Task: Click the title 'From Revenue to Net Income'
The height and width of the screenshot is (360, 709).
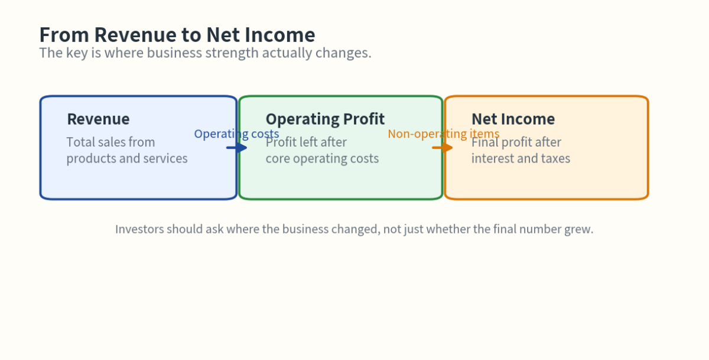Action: tap(177, 35)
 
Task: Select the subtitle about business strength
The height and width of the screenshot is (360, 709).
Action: tap(205, 53)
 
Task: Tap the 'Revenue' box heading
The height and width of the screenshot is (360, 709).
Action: tap(98, 119)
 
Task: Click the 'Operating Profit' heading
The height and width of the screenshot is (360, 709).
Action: tap(325, 119)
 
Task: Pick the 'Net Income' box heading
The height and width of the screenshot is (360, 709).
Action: tap(513, 119)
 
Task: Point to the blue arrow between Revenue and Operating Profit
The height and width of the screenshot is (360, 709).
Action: tap(237, 147)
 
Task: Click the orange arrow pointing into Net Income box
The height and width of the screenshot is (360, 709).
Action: tap(443, 147)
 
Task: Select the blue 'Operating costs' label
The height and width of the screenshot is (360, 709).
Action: tap(236, 134)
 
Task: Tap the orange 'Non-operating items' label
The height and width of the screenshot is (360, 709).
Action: tap(443, 134)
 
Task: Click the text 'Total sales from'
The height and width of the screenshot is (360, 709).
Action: tap(110, 142)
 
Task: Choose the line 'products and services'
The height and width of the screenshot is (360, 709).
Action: tap(126, 158)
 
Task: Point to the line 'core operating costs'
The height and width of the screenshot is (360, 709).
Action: tap(322, 158)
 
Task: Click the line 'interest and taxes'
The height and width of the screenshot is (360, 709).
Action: tap(521, 158)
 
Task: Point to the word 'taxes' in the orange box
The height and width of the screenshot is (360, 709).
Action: tap(555, 158)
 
